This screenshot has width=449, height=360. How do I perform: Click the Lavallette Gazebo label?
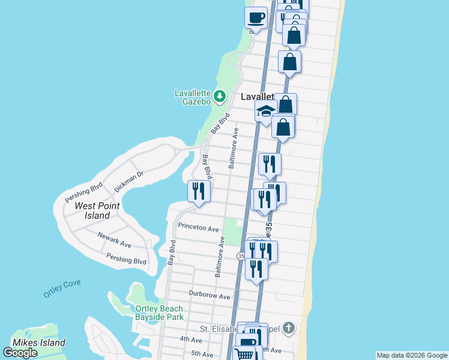pos(192,97)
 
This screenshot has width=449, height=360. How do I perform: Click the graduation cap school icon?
pos(265,111)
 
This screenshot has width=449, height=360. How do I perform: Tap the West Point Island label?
pos(97,211)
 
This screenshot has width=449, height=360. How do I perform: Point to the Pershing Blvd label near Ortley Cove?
pos(126,261)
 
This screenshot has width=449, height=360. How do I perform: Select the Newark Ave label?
pos(114,241)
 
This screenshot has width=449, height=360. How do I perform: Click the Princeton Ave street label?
pos(199,229)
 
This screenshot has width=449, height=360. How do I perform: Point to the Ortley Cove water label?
pos(62,289)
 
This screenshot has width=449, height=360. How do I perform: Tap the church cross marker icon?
pos(289,328)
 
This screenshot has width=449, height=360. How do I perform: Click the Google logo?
pos(20,353)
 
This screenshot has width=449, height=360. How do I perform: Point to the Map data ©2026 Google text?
pos(412,355)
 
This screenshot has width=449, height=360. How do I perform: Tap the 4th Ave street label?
pos(191,340)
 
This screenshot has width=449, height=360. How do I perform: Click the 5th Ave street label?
pos(202,354)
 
